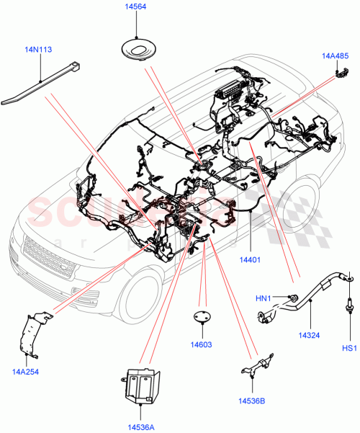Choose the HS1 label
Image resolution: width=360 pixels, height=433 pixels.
pos(349,349)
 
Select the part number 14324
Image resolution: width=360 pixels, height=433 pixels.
pos(310,334)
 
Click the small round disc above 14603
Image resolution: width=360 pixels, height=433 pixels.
pos(202,318)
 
